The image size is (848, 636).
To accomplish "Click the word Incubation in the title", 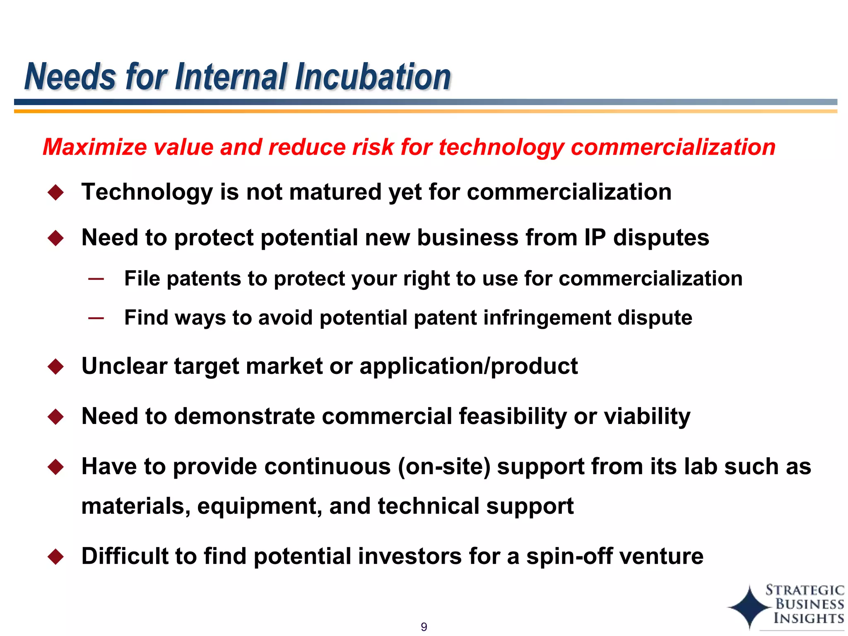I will point(373,77).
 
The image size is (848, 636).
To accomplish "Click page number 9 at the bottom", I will point(424,627).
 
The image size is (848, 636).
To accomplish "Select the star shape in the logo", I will point(749,607).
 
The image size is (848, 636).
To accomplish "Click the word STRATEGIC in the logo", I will point(805,590).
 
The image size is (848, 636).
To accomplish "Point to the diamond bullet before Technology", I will point(56,193).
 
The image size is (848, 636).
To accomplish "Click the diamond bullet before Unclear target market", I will point(56,366).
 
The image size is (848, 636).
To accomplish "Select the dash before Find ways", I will point(96,318).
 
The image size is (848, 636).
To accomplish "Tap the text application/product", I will point(468,366).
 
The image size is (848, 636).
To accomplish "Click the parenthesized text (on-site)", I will point(444,467).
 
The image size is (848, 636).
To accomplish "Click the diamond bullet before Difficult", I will point(56,557).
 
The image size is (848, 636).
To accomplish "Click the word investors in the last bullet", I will point(410,556).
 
